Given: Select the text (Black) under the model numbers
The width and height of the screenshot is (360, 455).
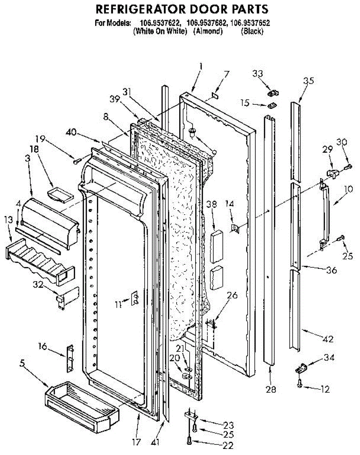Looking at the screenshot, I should click(x=252, y=31).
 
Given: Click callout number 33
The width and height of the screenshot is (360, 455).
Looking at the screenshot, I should click(x=258, y=74).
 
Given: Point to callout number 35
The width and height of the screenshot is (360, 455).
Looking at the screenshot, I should click(x=308, y=80).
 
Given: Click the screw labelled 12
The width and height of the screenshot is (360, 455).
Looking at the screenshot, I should click(x=300, y=384).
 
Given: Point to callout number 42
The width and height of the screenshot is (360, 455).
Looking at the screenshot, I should click(x=328, y=339).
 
